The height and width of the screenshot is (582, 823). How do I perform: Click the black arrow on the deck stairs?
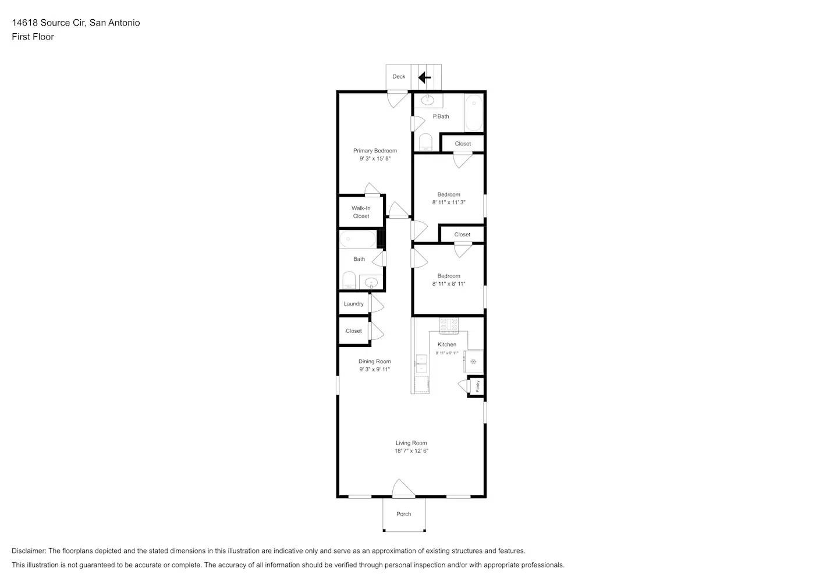pyautogui.click(x=424, y=77)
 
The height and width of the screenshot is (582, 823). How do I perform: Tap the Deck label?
pyautogui.click(x=399, y=77)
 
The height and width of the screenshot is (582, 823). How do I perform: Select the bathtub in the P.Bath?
pyautogui.click(x=474, y=113)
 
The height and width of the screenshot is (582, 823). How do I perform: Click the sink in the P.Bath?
pyautogui.click(x=428, y=100)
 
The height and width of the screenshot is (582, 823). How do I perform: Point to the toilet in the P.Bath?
pyautogui.click(x=425, y=143)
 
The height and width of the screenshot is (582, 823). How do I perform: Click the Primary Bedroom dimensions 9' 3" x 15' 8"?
pyautogui.click(x=375, y=158)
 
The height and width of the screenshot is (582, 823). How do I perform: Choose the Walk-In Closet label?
pyautogui.click(x=361, y=212)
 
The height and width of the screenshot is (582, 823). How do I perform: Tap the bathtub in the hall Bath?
pyautogui.click(x=358, y=239)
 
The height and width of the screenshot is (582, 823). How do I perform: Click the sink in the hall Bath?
pyautogui.click(x=370, y=283)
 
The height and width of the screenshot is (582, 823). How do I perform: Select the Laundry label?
pyautogui.click(x=353, y=304)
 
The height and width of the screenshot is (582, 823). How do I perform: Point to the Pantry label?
pyautogui.click(x=478, y=386)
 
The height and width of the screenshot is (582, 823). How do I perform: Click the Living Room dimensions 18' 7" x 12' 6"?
pyautogui.click(x=411, y=451)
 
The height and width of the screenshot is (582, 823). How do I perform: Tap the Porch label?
pyautogui.click(x=403, y=514)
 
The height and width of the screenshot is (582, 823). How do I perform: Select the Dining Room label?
pyautogui.click(x=375, y=361)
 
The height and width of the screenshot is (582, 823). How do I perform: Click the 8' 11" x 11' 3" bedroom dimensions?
pyautogui.click(x=449, y=203)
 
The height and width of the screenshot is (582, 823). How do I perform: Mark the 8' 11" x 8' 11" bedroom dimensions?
pyautogui.click(x=449, y=284)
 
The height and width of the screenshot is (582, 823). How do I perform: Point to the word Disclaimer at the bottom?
pyautogui.click(x=28, y=551)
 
